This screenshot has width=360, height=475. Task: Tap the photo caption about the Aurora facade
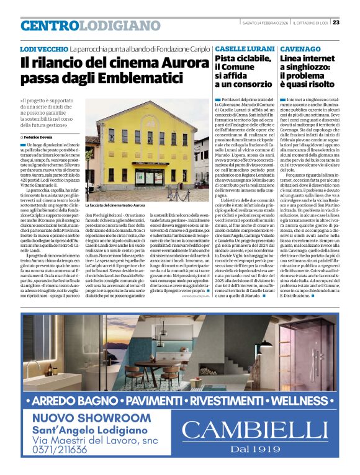pos(125,205)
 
